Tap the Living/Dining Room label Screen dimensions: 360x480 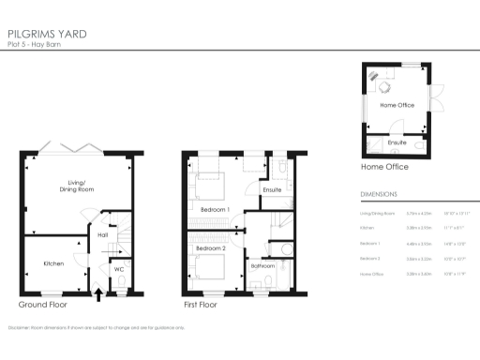74,186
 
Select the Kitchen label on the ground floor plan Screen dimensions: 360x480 53,263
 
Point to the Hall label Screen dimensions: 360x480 103,235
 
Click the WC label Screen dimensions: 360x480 119,270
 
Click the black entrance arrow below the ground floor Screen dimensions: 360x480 98,295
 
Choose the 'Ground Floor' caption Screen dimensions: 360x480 42,306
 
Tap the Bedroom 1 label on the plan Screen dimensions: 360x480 215,210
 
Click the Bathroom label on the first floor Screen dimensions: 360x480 262,266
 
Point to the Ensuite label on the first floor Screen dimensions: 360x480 273,190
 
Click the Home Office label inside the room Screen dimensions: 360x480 397,105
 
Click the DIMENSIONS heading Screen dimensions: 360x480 379,195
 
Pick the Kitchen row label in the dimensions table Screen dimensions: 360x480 367,228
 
